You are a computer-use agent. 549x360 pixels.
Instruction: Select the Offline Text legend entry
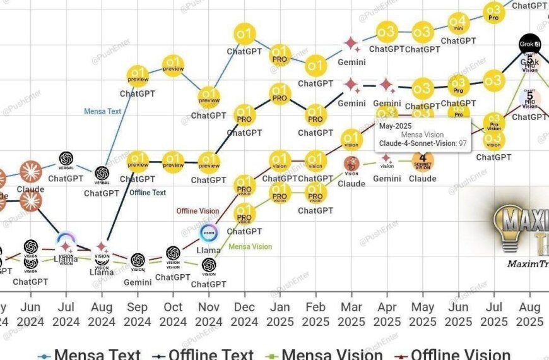(x=209, y=354)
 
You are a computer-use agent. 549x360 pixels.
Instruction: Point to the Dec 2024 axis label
(x=244, y=314)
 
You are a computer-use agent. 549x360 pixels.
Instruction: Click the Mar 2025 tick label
(x=351, y=314)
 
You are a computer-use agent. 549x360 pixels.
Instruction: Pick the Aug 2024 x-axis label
(x=102, y=314)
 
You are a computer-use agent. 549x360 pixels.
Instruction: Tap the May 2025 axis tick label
(x=423, y=314)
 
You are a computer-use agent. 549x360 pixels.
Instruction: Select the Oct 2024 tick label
(x=173, y=314)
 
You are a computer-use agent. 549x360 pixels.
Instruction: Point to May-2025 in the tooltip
(x=396, y=126)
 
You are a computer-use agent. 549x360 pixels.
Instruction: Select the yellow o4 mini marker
(x=458, y=23)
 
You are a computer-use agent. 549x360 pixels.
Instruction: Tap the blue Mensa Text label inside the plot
(x=102, y=111)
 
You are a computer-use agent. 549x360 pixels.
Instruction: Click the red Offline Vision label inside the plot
(x=198, y=211)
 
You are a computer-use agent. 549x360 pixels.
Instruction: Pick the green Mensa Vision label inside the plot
(x=250, y=246)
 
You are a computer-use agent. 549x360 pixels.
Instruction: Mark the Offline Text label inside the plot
(x=148, y=193)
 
